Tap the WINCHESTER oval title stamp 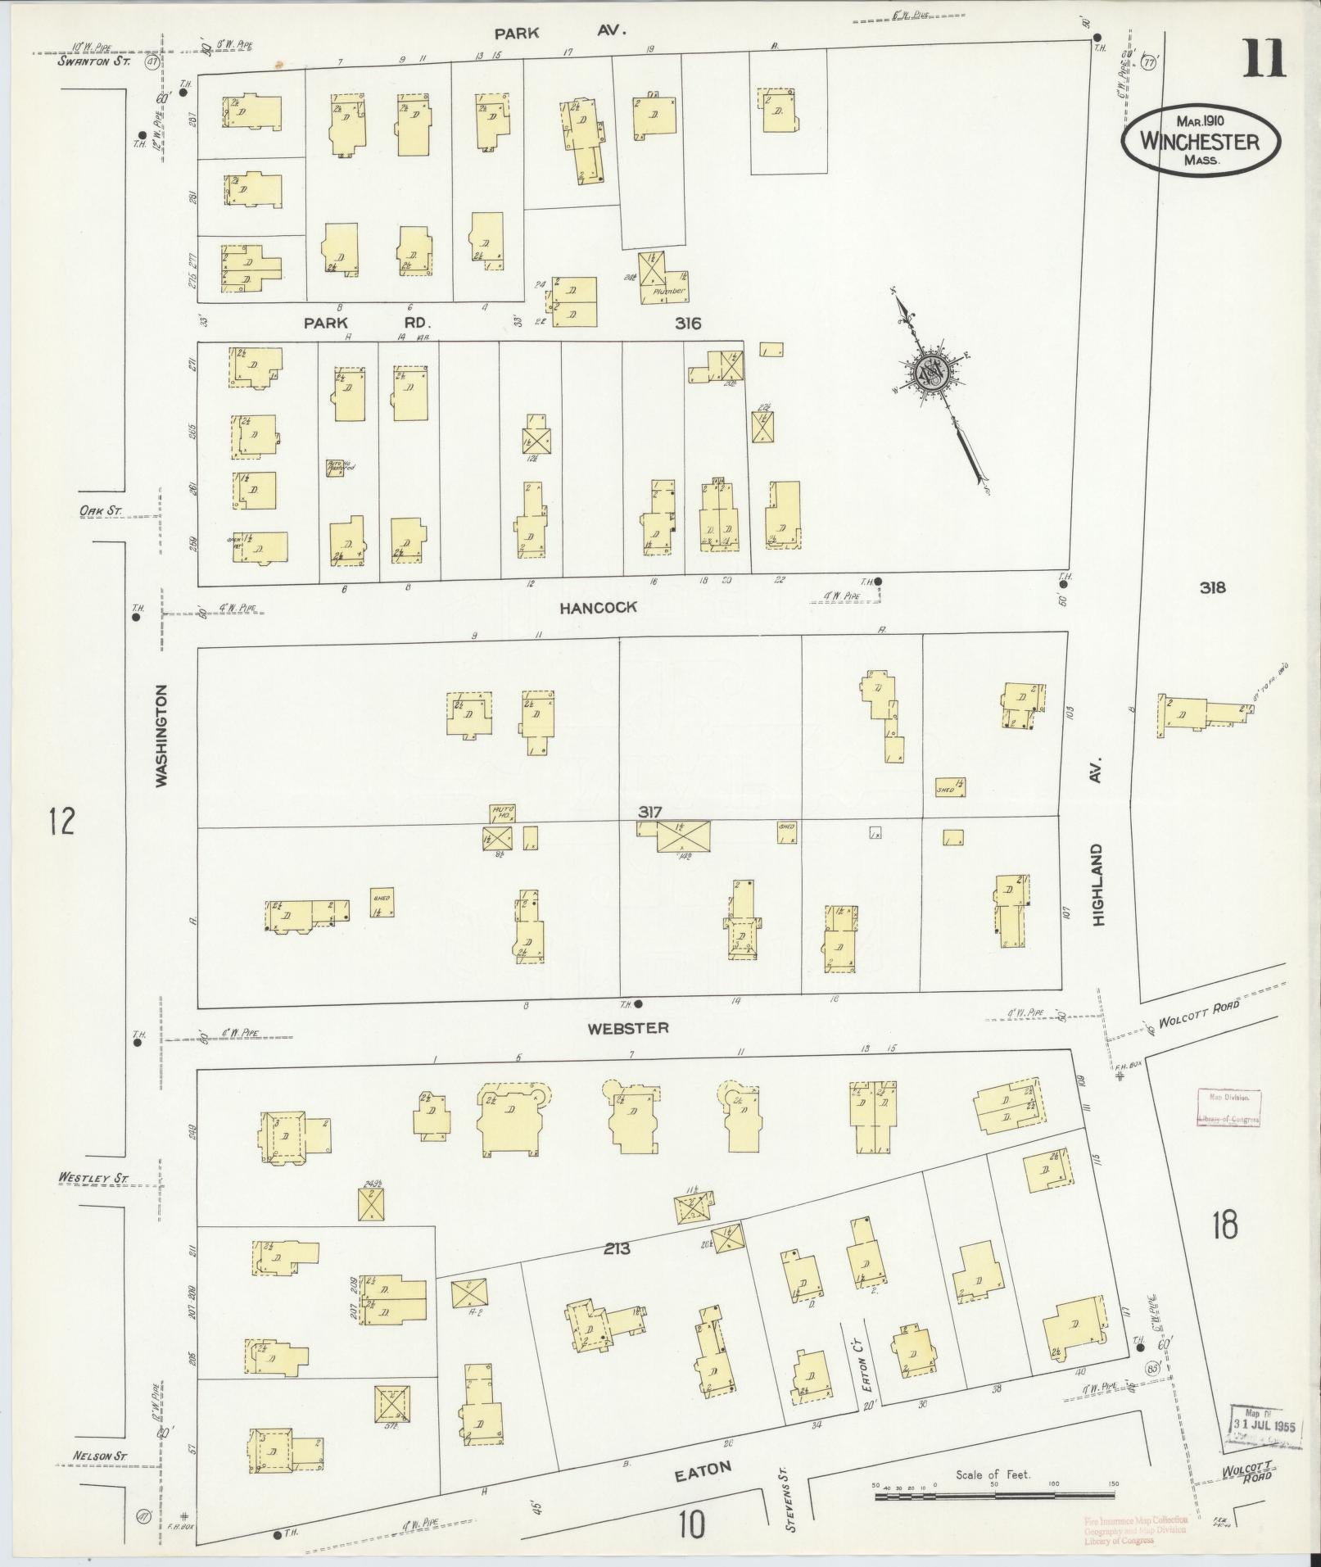click(1201, 141)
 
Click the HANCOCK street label click(598, 608)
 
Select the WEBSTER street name click(628, 1028)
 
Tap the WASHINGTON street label click(162, 736)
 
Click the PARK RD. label click(366, 324)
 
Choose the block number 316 click(688, 324)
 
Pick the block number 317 click(650, 812)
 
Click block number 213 click(617, 1249)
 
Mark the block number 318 click(1212, 587)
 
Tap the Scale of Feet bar click(996, 1497)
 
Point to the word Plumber click(667, 291)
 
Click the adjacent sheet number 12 click(61, 820)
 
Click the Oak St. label click(100, 511)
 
